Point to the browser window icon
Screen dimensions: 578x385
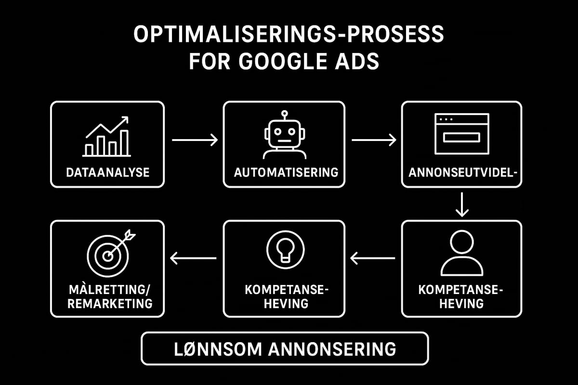tap(461, 134)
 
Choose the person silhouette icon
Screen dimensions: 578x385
tap(462, 253)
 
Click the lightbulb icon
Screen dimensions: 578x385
tap(284, 247)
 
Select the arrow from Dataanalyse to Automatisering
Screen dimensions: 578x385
tap(195, 140)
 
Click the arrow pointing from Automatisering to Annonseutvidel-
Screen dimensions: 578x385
tap(374, 140)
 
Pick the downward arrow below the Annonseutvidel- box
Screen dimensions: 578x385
tap(462, 204)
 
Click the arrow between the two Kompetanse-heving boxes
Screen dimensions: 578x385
tap(373, 259)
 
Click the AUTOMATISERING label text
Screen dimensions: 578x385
tap(286, 172)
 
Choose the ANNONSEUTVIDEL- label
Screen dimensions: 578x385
tap(462, 172)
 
